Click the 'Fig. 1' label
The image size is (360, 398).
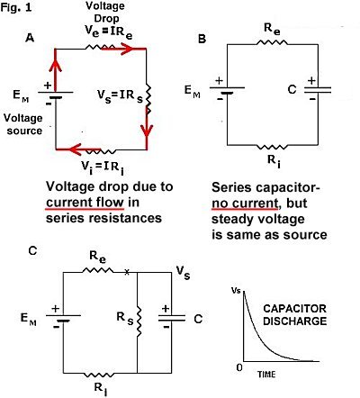[16, 7]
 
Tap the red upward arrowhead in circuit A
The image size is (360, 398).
[56, 65]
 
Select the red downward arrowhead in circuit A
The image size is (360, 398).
[147, 131]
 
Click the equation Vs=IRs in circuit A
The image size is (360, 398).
[120, 95]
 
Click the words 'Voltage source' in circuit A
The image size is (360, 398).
[23, 124]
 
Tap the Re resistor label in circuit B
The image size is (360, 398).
[272, 29]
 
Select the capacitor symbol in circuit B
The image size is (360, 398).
[318, 89]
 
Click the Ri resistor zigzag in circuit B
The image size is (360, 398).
[272, 147]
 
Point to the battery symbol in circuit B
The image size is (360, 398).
[227, 89]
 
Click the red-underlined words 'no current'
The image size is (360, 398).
[245, 204]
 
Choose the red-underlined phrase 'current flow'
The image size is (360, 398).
[85, 203]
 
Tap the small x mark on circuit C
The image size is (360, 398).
[127, 272]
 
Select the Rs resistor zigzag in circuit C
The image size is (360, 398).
[139, 321]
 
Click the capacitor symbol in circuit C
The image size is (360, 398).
[172, 318]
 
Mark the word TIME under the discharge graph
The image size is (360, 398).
[266, 374]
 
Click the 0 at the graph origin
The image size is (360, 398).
[239, 367]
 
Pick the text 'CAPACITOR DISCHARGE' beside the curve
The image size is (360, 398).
[295, 314]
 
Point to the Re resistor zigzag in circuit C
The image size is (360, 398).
[98, 271]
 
